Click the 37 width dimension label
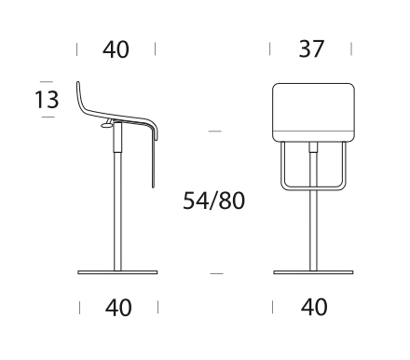point(311,48)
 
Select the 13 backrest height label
point(47,100)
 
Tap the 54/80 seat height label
point(213,201)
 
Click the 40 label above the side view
point(116,49)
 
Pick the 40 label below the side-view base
point(118,308)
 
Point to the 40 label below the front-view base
point(314,307)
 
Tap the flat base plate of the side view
point(117,272)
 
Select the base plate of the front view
point(313,272)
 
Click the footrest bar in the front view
point(313,187)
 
